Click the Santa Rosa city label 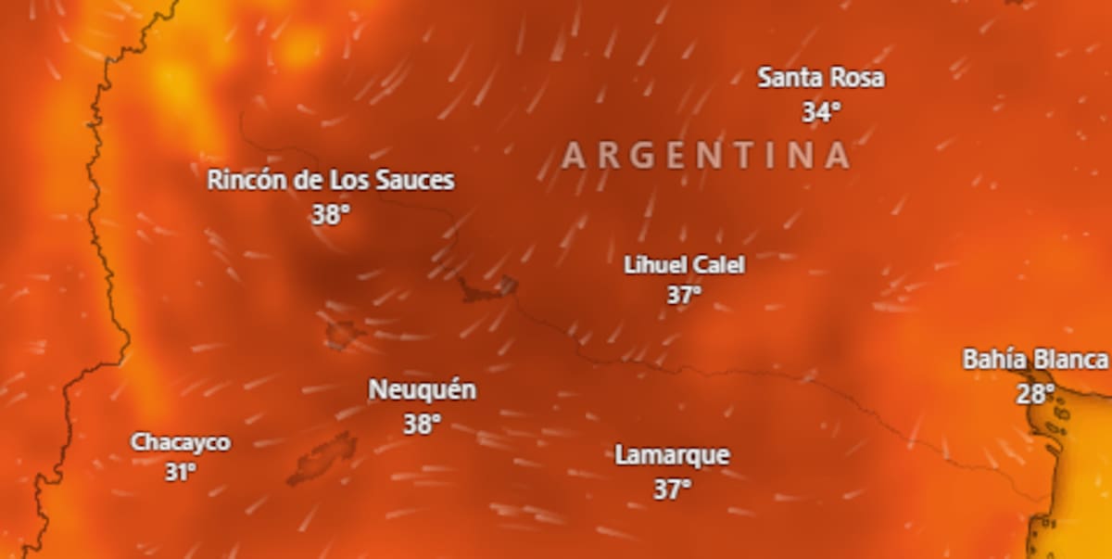point(820,78)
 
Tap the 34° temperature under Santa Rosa point(821,112)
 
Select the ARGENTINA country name point(705,156)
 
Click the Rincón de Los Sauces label point(330,180)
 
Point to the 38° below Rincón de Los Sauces point(330,215)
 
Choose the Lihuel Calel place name point(684,265)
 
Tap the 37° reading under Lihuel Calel point(684,296)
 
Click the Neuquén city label point(422,390)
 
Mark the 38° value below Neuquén point(422,425)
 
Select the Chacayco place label point(180,442)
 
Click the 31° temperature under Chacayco point(180,472)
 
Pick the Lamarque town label point(672,456)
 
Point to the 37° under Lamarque point(672,489)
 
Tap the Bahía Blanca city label point(1034,360)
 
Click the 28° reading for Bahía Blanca point(1035,394)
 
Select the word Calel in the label point(720,265)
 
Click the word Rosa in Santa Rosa point(857,78)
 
